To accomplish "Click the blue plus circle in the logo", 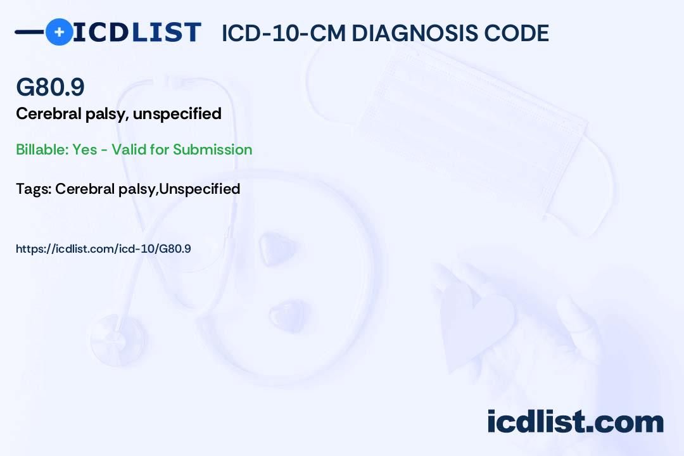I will click(59, 32).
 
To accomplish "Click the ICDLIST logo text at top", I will click(137, 32).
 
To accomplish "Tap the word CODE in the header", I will click(519, 34).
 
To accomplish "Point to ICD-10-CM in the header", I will click(282, 34).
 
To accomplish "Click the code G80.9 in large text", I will click(50, 87).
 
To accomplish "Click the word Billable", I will click(40, 149).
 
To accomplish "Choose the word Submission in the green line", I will click(212, 149).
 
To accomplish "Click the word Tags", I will click(32, 189).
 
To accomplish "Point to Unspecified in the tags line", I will click(199, 189).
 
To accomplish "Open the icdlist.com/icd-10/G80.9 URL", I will click(103, 249).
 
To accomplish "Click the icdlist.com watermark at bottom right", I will click(575, 421).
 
